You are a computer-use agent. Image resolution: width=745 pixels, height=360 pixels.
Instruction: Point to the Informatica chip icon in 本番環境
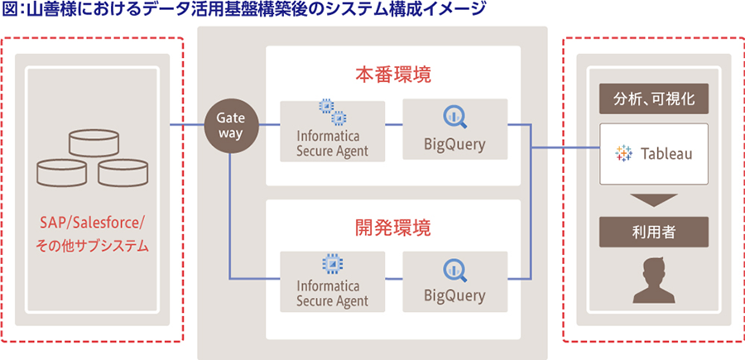pyautogui.click(x=331, y=111)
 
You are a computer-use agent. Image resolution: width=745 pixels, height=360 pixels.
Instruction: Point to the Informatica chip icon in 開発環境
pyautogui.click(x=331, y=263)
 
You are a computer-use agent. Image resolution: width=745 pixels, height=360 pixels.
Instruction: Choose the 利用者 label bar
pyautogui.click(x=654, y=233)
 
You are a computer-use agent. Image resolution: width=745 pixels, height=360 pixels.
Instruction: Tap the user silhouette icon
pyautogui.click(x=653, y=281)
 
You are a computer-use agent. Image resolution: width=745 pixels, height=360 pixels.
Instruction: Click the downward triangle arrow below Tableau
pyautogui.click(x=654, y=200)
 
